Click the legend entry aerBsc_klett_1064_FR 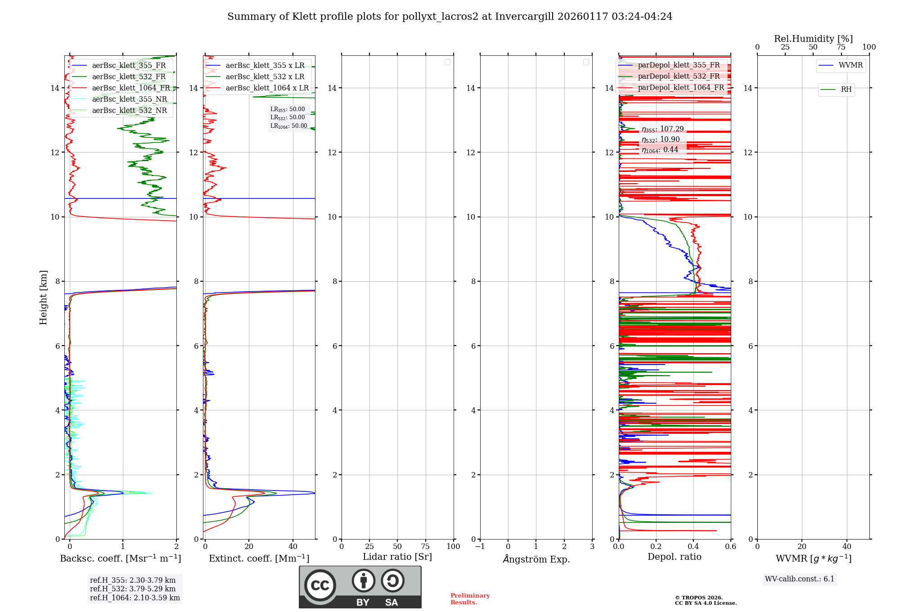coord(131,88)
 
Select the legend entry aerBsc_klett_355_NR coord(130,99)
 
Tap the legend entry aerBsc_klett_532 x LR coord(265,77)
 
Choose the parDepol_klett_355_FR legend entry coord(679,65)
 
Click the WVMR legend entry coord(850,65)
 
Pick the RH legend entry coord(846,90)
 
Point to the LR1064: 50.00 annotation coord(288,126)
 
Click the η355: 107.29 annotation coord(662,129)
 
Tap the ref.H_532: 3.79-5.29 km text coord(133,589)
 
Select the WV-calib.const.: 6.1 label coord(800,579)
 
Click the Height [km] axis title coord(43,297)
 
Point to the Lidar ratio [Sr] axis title coord(397,557)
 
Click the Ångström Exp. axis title coord(536,559)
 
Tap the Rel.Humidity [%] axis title coord(813,39)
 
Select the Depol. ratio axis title coord(674,557)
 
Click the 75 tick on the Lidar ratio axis coord(425,547)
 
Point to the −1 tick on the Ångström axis coord(480,547)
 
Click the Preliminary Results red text coord(470,599)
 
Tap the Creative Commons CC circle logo coord(320,585)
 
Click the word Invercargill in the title coord(523,17)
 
